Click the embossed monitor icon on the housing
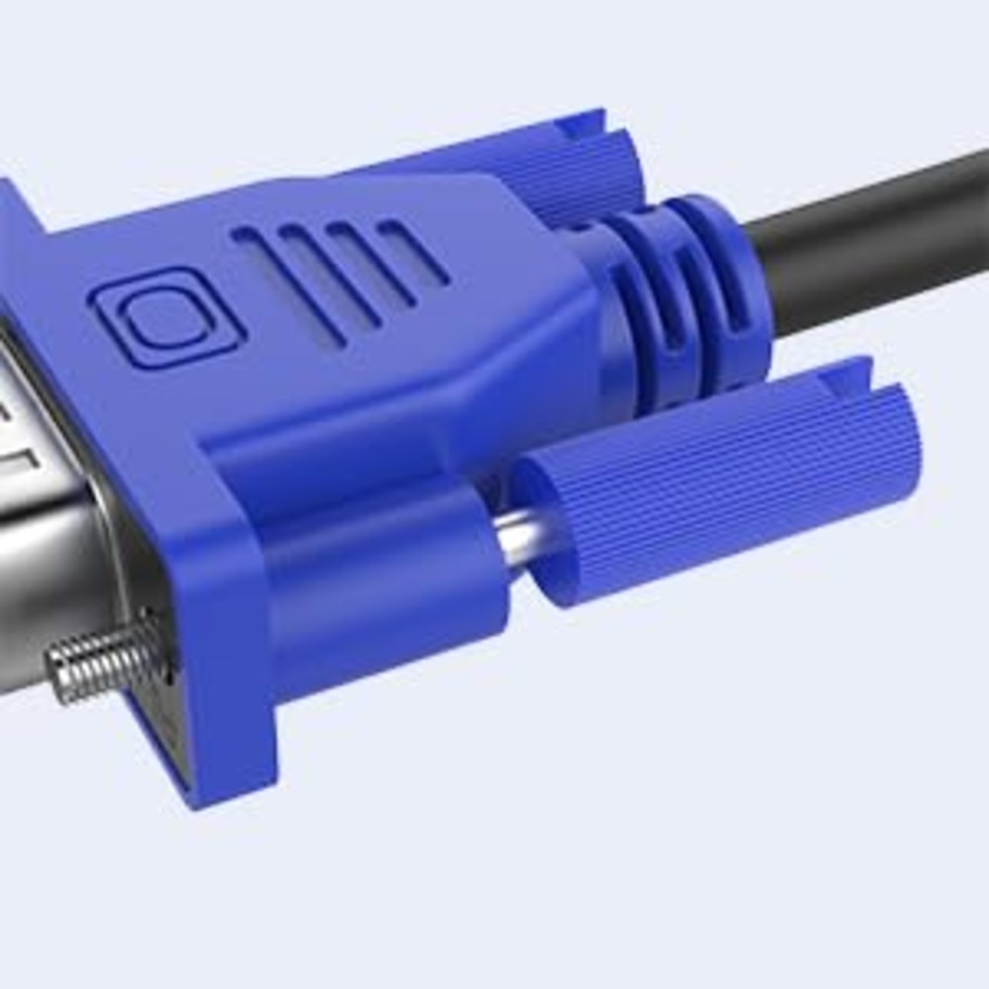pos(166,319)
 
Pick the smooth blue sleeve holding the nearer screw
pos(386,584)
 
